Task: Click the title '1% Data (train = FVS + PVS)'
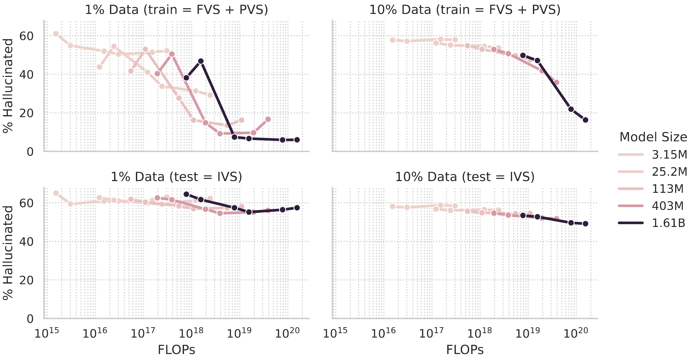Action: tap(176, 10)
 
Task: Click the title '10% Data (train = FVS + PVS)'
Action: tap(465, 10)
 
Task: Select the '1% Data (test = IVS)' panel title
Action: tap(176, 177)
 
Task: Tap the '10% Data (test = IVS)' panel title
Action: tap(465, 177)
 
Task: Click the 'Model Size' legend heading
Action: tap(653, 137)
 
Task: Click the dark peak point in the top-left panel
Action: tap(201, 61)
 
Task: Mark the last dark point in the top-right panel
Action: tap(585, 120)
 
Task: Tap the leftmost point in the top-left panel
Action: tap(56, 34)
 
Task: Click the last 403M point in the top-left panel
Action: tap(268, 119)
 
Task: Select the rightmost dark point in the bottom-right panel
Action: tap(585, 224)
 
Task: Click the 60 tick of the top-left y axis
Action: tap(26, 36)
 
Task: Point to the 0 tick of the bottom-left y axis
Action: tap(30, 319)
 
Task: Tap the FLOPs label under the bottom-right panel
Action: tap(465, 350)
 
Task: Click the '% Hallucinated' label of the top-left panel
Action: tap(8, 86)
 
